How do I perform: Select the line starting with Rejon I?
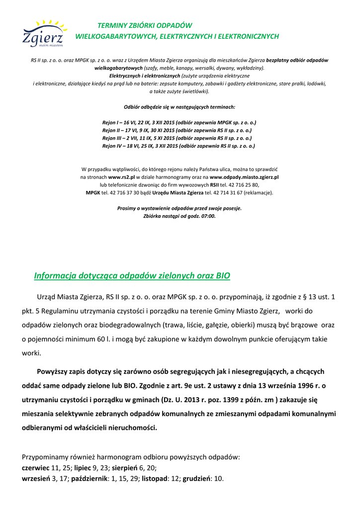179,122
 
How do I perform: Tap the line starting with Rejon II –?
179,130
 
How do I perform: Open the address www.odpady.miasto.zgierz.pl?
244,176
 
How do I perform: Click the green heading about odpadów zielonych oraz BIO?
132,275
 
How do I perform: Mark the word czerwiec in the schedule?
36,468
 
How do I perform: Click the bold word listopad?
155,479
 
